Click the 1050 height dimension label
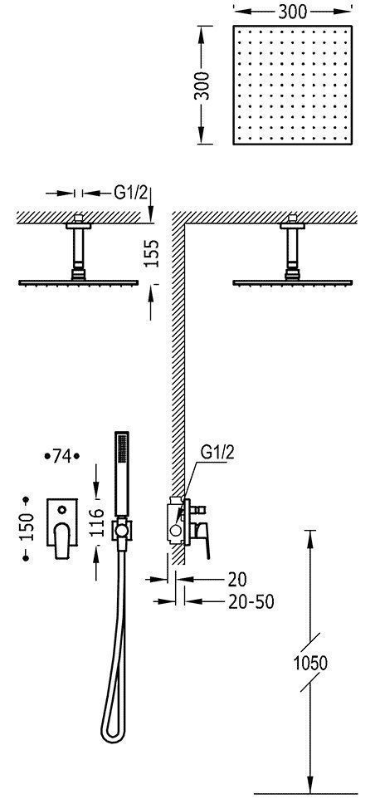[310, 663]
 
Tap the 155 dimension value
[152, 253]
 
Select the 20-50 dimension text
[250, 601]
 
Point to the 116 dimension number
[96, 522]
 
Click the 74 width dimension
[62, 455]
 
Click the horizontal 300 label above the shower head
[293, 12]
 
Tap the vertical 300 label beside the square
[202, 85]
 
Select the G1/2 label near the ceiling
[130, 193]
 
